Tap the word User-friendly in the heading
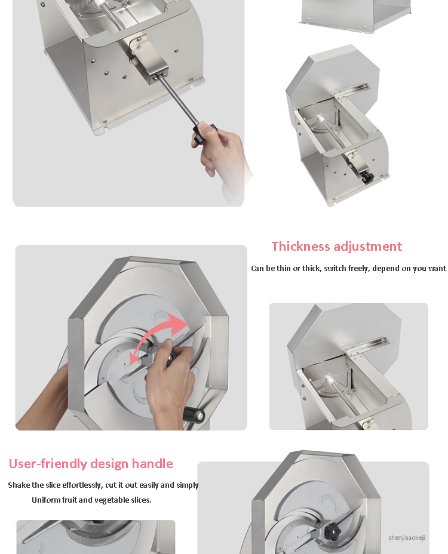click(x=48, y=463)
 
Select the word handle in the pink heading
click(x=152, y=463)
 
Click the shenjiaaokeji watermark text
click(x=407, y=537)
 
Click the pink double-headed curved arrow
click(x=159, y=336)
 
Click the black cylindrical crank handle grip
click(x=194, y=414)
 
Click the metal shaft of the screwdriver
click(x=177, y=101)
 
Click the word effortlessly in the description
click(x=82, y=485)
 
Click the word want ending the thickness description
click(x=437, y=269)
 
